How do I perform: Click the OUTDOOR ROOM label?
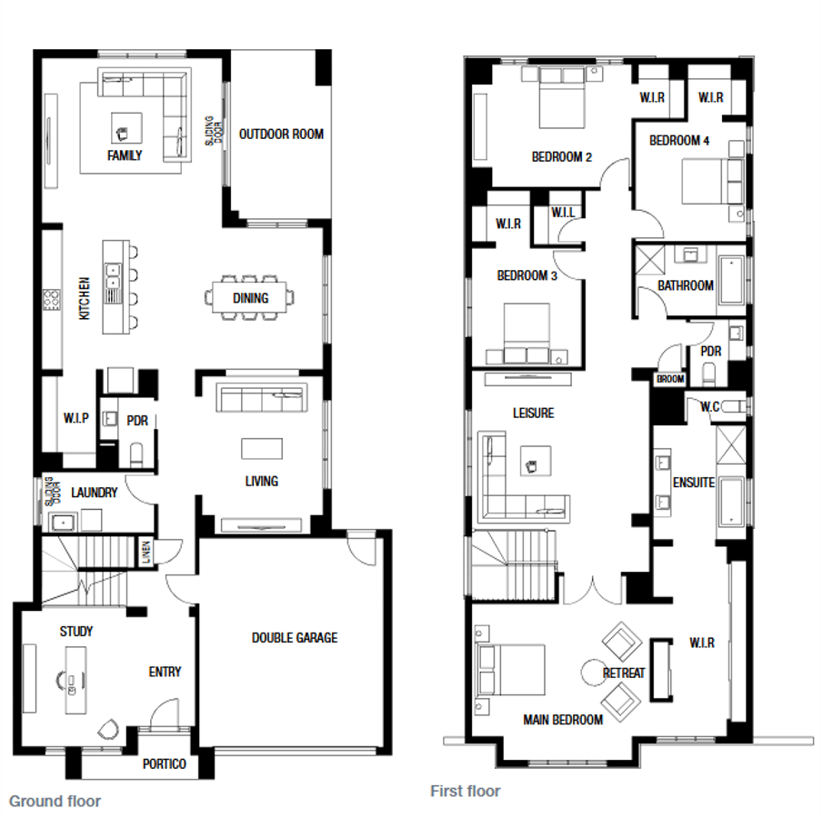point(281,135)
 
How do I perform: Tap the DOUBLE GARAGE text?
point(295,637)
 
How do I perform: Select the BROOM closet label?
point(670,378)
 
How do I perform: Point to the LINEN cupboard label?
point(146,552)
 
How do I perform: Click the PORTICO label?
point(165,763)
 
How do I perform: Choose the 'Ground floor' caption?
point(55,802)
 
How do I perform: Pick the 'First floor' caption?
point(466,791)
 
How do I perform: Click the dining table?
point(250,297)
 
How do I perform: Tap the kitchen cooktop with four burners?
point(52,300)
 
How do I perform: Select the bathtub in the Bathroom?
point(732,280)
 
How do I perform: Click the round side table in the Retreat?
point(594,673)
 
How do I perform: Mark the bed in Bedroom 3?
point(527,333)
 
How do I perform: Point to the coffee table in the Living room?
point(262,449)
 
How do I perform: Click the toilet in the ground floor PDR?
point(136,455)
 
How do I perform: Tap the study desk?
point(75,680)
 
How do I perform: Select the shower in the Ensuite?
point(731,445)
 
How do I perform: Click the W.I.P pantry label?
point(76,418)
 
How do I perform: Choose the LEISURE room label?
point(533,413)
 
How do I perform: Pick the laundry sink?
point(63,523)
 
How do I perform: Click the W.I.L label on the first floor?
point(563,213)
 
